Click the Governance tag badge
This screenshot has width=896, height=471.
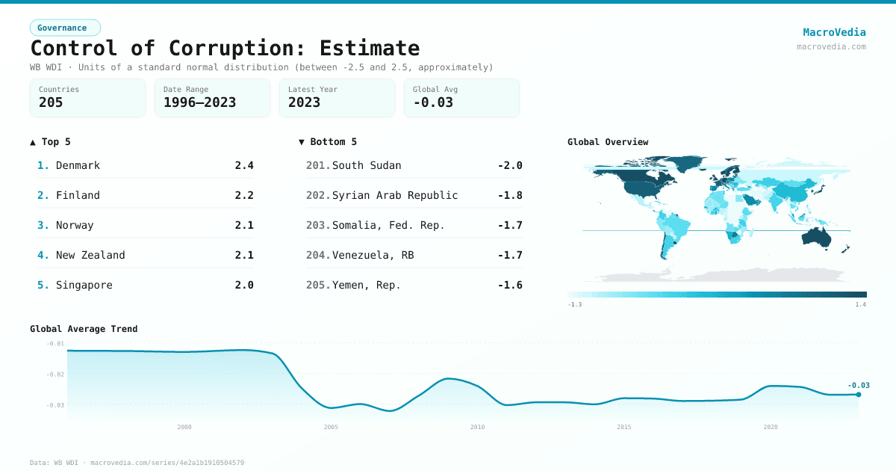pyautogui.click(x=65, y=28)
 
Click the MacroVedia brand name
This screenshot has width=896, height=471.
pyautogui.click(x=834, y=32)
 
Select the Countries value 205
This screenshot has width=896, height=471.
pyautogui.click(x=51, y=102)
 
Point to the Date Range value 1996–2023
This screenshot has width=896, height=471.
pyautogui.click(x=199, y=102)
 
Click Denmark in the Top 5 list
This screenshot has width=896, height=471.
pyautogui.click(x=78, y=165)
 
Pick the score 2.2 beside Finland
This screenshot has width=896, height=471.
pyautogui.click(x=244, y=195)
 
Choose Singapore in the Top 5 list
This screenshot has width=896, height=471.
pyautogui.click(x=84, y=285)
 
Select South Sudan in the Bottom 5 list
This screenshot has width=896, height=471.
pyautogui.click(x=367, y=165)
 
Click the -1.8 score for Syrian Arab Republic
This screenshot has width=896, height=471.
pyautogui.click(x=510, y=195)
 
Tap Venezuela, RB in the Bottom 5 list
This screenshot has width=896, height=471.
pyautogui.click(x=373, y=255)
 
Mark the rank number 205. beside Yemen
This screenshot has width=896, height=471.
pyautogui.click(x=318, y=285)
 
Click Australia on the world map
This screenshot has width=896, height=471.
pyautogui.click(x=821, y=237)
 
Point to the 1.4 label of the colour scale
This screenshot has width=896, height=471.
pyautogui.click(x=861, y=304)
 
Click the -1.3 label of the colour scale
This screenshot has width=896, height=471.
pyautogui.click(x=574, y=304)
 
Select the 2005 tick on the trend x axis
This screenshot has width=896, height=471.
pyautogui.click(x=331, y=427)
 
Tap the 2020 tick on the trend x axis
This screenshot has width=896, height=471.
pyautogui.click(x=771, y=427)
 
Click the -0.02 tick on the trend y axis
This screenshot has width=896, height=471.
pyautogui.click(x=55, y=374)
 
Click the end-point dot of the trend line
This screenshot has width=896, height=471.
pyautogui.click(x=859, y=395)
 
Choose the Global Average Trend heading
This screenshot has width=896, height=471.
pyautogui.click(x=84, y=329)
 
